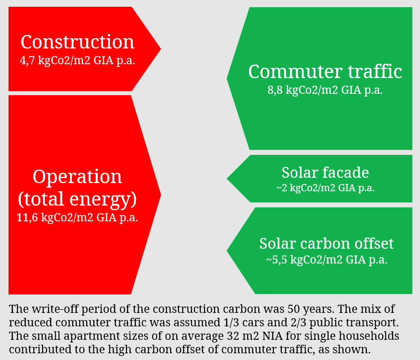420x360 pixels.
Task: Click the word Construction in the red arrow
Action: tap(78, 42)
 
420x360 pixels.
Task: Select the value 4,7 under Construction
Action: tap(27, 61)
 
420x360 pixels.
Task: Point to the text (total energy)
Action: tap(78, 199)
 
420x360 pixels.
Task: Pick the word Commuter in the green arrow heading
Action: tap(295, 71)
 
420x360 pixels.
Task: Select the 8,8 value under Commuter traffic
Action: tap(275, 90)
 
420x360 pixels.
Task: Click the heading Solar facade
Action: tap(325, 172)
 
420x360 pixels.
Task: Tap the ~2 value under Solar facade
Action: tap(282, 188)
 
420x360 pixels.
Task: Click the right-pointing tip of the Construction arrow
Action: tap(161, 49)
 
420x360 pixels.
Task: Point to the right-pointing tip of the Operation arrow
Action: tap(161, 195)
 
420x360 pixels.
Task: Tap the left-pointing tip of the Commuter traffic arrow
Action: tap(227, 79)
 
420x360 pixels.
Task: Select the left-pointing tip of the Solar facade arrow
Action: tap(227, 179)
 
